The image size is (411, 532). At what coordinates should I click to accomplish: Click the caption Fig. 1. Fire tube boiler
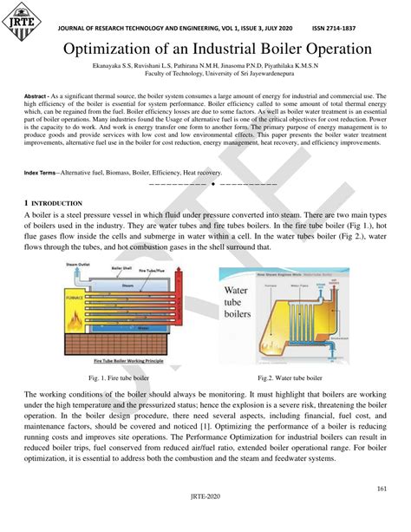pos(119,378)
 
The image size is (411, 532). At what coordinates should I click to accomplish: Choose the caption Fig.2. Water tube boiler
pos(290,378)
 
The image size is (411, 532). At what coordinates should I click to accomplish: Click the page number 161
pos(381,489)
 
